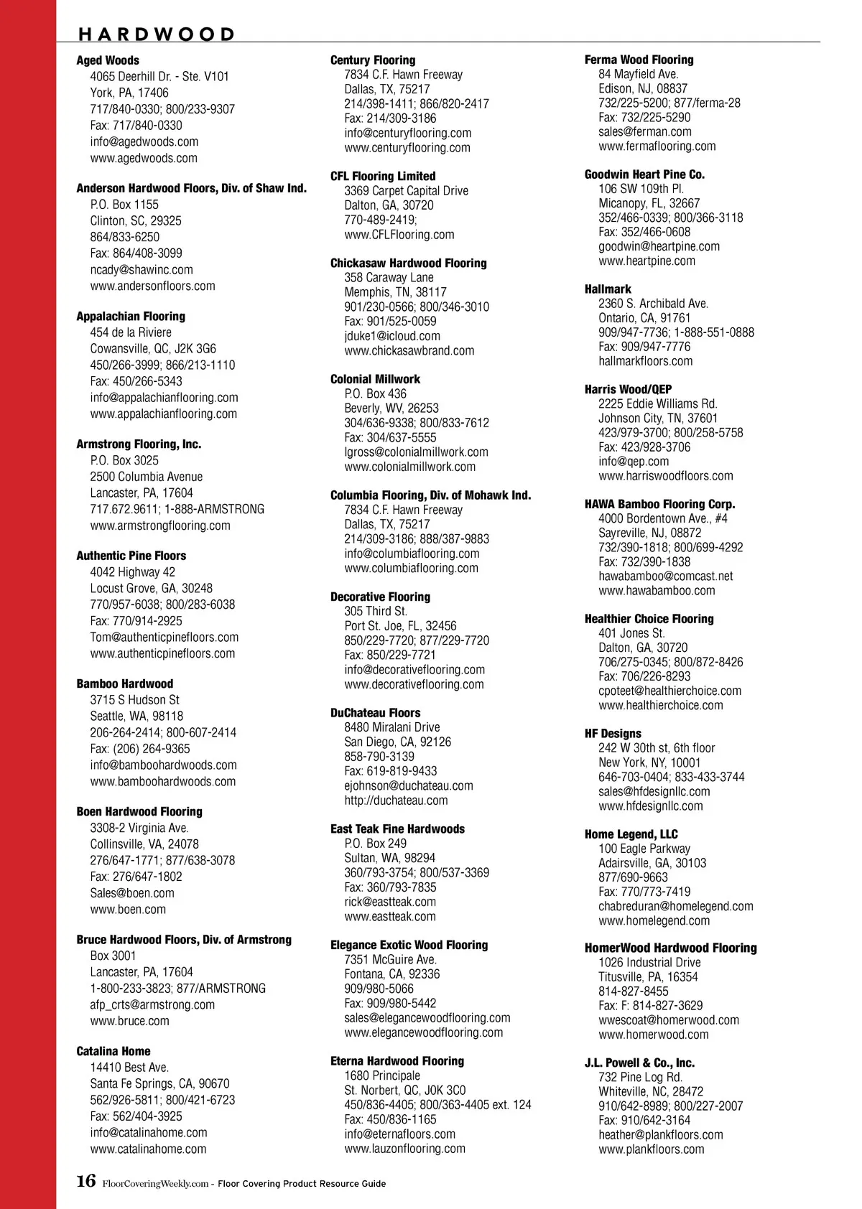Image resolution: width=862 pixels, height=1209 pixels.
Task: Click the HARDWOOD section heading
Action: pyautogui.click(x=157, y=34)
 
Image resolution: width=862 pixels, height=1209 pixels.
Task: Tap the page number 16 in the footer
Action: pyautogui.click(x=85, y=1181)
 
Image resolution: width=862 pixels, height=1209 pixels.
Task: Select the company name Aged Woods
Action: pyautogui.click(x=108, y=60)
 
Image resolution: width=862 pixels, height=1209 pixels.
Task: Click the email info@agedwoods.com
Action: pyautogui.click(x=144, y=141)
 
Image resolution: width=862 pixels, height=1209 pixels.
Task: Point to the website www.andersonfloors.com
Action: pyautogui.click(x=152, y=286)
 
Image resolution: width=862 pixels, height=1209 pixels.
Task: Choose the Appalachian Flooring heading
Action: pyautogui.click(x=131, y=316)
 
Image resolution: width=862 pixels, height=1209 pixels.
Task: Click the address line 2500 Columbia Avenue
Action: pyautogui.click(x=146, y=477)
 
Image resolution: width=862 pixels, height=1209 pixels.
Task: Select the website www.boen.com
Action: pyautogui.click(x=128, y=910)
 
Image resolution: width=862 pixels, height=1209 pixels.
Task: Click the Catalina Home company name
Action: pyautogui.click(x=113, y=1051)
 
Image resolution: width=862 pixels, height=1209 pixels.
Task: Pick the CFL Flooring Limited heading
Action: pyautogui.click(x=383, y=176)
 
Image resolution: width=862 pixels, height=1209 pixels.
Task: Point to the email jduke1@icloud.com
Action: pyautogui.click(x=392, y=336)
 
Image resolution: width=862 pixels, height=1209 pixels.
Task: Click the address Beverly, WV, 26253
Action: pyautogui.click(x=391, y=408)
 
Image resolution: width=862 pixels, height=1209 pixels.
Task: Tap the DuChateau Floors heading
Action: pyautogui.click(x=375, y=713)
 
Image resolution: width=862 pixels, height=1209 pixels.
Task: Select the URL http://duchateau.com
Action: pyautogui.click(x=396, y=800)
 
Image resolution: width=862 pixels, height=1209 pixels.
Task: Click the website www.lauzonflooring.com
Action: pyautogui.click(x=404, y=1149)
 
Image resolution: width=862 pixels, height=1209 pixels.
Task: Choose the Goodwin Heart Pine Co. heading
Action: pyautogui.click(x=644, y=174)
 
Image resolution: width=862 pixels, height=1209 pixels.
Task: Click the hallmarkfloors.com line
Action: pyautogui.click(x=646, y=361)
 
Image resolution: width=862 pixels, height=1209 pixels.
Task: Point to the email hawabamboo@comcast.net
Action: pyautogui.click(x=666, y=576)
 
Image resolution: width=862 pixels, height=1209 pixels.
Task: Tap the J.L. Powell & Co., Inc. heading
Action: pyautogui.click(x=639, y=1063)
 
